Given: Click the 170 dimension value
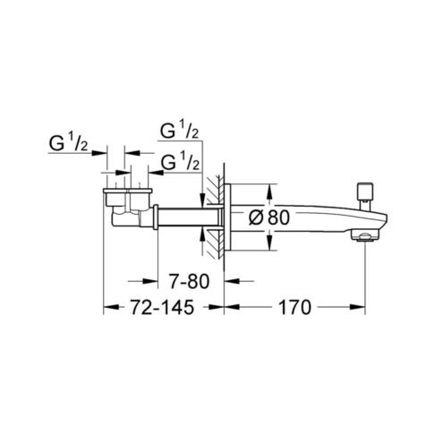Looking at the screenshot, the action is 294,308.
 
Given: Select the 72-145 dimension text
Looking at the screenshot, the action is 162,308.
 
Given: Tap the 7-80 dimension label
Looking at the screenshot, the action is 190,281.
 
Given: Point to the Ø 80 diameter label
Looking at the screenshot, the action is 269,217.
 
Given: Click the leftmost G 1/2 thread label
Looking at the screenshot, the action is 68,143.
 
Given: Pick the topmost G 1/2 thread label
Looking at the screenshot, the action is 180,131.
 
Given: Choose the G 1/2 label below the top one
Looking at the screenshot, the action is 180,162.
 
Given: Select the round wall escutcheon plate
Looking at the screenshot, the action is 227,217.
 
